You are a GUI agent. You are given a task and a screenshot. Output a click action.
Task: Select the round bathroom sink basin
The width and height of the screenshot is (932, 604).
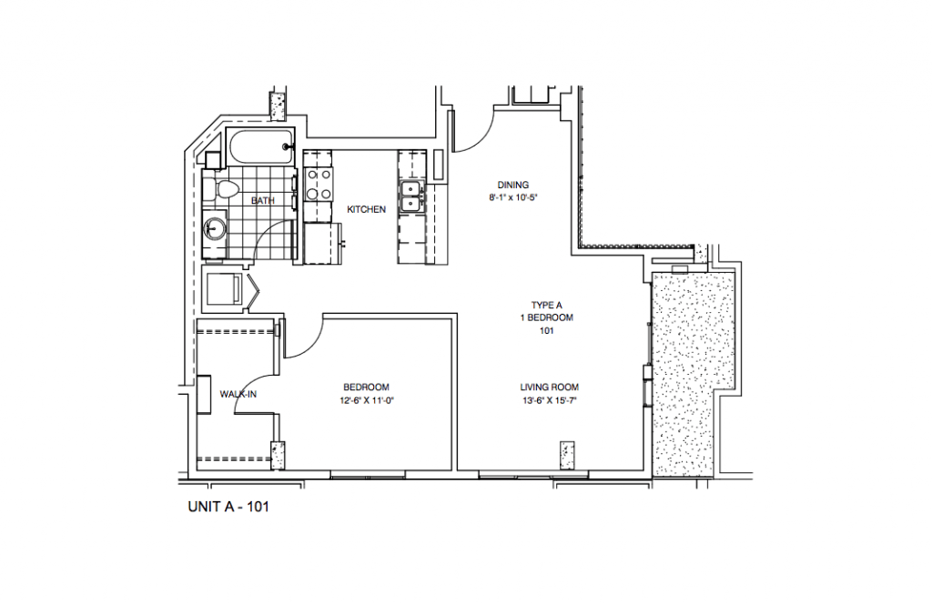pyautogui.click(x=217, y=227)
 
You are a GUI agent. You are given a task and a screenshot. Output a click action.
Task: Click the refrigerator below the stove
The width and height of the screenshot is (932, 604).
pyautogui.click(x=319, y=244)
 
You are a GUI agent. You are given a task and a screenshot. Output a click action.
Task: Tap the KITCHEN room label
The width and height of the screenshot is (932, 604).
pyautogui.click(x=366, y=210)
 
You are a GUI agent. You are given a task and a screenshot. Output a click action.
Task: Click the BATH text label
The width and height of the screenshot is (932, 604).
pyautogui.click(x=263, y=201)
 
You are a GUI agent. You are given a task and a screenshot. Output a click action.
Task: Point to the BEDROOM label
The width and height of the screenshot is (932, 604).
pyautogui.click(x=367, y=387)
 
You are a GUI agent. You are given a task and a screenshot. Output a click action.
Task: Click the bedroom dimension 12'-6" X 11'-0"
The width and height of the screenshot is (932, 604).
pyautogui.click(x=367, y=399)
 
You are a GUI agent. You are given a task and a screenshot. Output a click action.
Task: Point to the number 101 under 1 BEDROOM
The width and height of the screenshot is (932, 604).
pyautogui.click(x=547, y=331)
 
